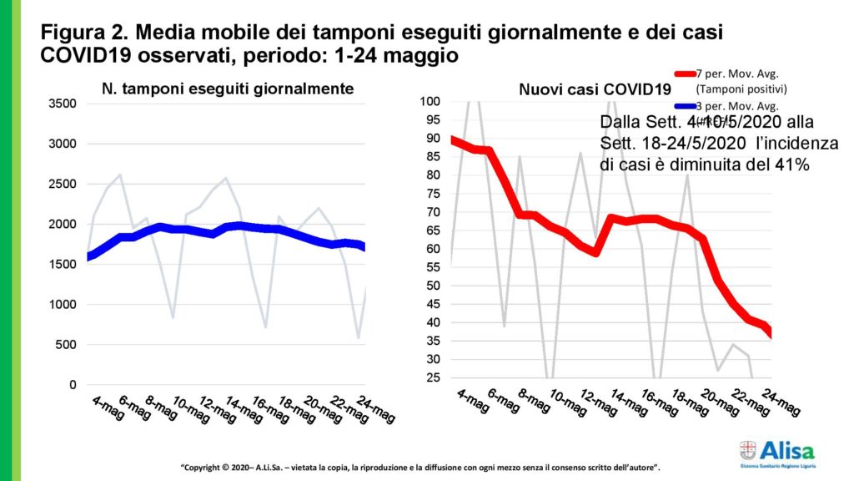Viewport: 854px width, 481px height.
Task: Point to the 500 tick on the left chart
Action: [x=68, y=345]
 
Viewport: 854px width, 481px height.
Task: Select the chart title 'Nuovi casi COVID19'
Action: [x=571, y=89]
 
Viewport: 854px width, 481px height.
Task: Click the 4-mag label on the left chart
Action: [x=108, y=408]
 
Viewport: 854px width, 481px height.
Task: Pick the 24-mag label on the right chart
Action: [x=784, y=405]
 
